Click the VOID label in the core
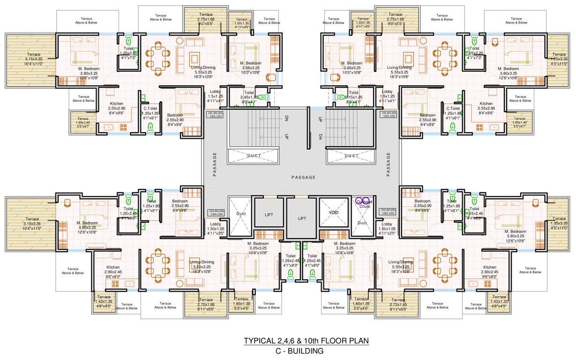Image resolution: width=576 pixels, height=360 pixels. pos(334,212)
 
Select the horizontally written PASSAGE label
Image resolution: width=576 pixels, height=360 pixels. pos(303,178)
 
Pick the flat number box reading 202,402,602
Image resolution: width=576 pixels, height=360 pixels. pos(389,115)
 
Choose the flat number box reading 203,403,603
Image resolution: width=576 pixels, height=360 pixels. pos(389,212)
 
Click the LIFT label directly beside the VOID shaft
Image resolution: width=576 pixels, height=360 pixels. pos(302,218)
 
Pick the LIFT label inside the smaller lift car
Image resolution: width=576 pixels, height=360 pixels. pos(269,215)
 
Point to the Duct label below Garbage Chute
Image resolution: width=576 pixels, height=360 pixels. pos(362,223)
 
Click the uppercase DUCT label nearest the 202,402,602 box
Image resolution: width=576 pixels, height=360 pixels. pos(352,156)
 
